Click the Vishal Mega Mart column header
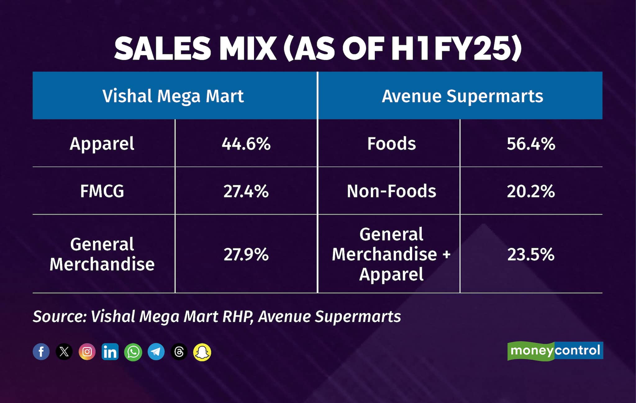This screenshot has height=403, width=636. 173,96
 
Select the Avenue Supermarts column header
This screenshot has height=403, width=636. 462,96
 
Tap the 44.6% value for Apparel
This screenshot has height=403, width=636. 246,144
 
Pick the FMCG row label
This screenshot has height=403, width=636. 102,191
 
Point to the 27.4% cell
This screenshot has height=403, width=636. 246,191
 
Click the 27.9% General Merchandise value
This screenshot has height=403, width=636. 246,254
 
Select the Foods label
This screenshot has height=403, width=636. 391,144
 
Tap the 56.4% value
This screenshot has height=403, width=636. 531,144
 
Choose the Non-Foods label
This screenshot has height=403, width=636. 391,191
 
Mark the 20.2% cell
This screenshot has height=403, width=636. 531,191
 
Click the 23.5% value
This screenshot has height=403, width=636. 531,254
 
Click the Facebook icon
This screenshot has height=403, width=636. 41,352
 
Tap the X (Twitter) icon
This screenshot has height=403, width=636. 64,352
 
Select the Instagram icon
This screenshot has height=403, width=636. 87,352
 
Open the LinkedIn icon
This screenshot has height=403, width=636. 110,352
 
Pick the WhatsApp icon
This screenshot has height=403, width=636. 133,352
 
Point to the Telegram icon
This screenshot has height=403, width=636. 156,352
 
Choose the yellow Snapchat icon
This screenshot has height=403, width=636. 202,352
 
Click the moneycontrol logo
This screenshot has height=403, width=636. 555,351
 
